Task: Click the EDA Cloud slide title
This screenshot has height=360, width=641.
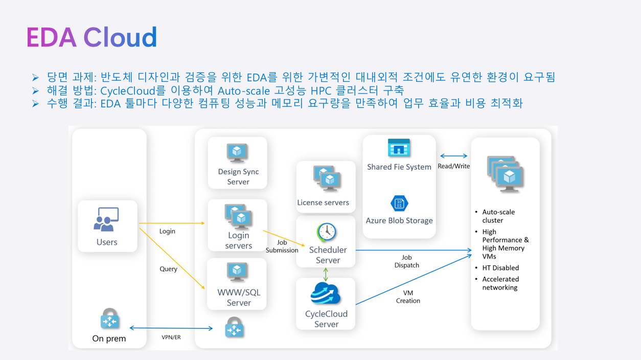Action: (91, 37)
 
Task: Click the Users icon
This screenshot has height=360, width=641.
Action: (106, 219)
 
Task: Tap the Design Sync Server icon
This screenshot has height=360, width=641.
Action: (237, 153)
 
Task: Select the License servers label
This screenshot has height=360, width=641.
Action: (323, 202)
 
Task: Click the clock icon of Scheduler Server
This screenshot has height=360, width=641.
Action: (326, 233)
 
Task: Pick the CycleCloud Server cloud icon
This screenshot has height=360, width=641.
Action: (325, 294)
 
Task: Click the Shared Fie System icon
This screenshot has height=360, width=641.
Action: (399, 148)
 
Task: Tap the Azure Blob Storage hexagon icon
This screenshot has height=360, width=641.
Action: (399, 203)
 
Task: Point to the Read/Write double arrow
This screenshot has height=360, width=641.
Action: (454, 156)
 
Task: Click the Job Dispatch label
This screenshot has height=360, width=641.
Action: (407, 261)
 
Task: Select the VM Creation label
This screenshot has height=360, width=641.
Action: (408, 297)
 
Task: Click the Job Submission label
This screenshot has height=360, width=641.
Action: (282, 246)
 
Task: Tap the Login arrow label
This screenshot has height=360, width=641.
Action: (167, 231)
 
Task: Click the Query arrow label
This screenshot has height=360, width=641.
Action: (168, 269)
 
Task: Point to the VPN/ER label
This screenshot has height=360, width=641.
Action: (171, 337)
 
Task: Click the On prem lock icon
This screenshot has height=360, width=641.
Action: (109, 319)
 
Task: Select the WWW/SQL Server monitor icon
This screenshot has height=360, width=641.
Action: (237, 272)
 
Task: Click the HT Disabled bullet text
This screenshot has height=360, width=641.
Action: (500, 268)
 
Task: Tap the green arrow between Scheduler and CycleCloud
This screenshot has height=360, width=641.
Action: (326, 274)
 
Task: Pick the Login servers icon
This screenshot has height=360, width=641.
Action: (238, 217)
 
